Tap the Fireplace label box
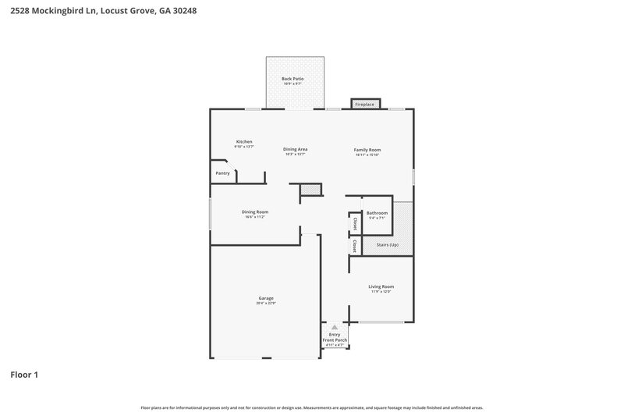(x=364, y=104)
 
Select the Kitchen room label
(x=244, y=141)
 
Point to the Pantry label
(x=222, y=173)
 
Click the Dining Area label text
(x=294, y=149)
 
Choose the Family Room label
(x=367, y=149)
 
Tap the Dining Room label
(x=255, y=212)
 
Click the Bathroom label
(x=378, y=213)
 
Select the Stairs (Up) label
(x=387, y=245)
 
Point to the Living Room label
(x=381, y=286)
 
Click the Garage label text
(x=266, y=298)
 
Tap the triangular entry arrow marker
(x=334, y=327)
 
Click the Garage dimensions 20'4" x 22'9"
(x=266, y=304)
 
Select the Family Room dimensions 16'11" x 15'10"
(x=367, y=155)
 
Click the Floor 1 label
(x=24, y=375)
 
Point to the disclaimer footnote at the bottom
(x=312, y=407)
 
